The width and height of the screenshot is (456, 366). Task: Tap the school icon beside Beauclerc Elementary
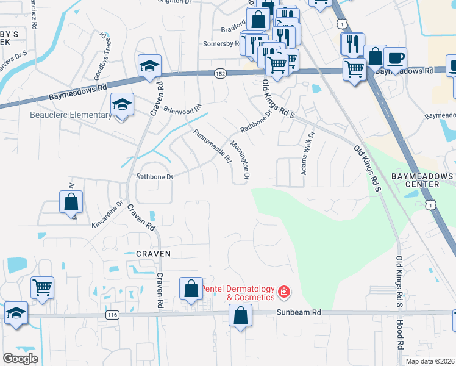coord(122,105)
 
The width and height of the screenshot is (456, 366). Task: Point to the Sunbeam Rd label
coord(299,312)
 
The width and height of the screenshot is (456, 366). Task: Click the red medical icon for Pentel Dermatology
coord(283,293)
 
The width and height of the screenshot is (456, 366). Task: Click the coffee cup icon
coord(395,58)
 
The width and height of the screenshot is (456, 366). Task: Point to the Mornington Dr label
coord(240,160)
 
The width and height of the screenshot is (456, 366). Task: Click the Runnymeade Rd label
coord(213,145)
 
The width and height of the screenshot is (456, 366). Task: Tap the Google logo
coord(20,359)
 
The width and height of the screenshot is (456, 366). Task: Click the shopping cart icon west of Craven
coord(42,287)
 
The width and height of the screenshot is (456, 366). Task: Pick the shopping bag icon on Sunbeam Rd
coord(240,315)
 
